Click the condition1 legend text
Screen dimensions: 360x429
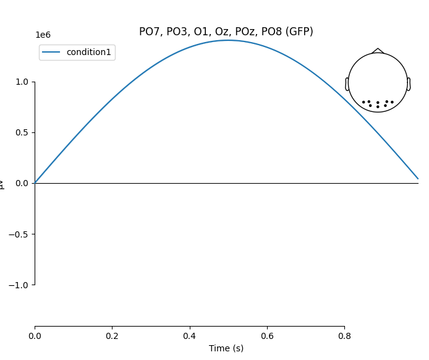[x=88, y=53]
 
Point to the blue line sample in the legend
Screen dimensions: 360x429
[x=51, y=53]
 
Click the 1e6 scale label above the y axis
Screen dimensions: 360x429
[x=43, y=35]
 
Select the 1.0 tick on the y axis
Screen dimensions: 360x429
[x=22, y=82]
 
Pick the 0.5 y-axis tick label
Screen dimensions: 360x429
[x=22, y=132]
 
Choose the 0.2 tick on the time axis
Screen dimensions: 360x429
[x=112, y=336]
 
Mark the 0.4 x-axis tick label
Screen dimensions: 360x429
[x=190, y=336]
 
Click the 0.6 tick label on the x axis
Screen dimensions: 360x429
[x=267, y=336]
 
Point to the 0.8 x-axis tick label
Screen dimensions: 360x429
[x=344, y=336]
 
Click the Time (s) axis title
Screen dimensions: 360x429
[x=226, y=348]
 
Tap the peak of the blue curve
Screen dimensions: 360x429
[x=228, y=40]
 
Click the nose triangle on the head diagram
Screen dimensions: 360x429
[x=378, y=51]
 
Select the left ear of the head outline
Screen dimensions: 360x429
[x=347, y=84]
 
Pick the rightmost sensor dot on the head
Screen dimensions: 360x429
[x=392, y=102]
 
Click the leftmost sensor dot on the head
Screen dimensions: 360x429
[x=363, y=102]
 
